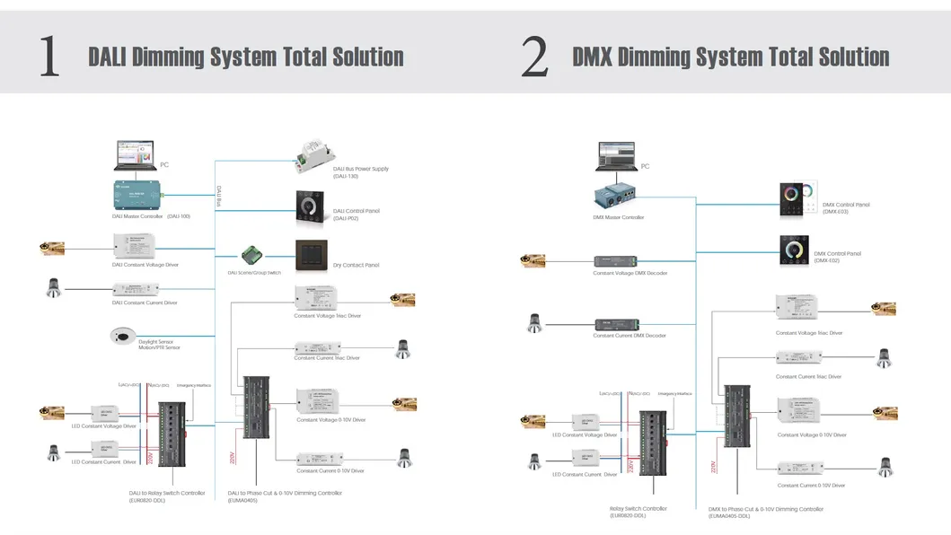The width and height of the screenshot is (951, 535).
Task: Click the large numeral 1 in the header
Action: click(49, 57)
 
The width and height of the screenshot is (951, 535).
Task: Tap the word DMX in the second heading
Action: click(593, 57)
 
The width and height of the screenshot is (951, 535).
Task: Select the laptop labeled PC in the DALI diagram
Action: click(135, 155)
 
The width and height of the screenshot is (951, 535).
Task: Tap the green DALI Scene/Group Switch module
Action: click(251, 255)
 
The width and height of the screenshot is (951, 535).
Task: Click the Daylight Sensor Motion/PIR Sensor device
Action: click(121, 336)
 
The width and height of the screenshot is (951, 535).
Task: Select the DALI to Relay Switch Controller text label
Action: click(167, 493)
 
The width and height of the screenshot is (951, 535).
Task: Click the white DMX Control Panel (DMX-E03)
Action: click(798, 196)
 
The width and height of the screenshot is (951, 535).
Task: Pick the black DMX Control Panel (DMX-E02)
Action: click(794, 250)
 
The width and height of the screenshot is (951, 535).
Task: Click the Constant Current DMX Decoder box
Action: click(617, 323)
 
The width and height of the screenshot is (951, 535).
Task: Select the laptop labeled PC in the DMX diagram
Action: click(618, 156)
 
